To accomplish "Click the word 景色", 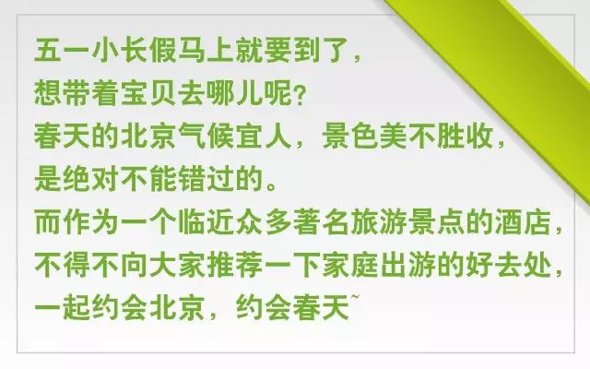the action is [x=350, y=136].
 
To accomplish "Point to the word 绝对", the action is [x=91, y=178].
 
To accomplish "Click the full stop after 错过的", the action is [x=271, y=185].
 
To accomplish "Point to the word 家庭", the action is [x=350, y=265].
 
